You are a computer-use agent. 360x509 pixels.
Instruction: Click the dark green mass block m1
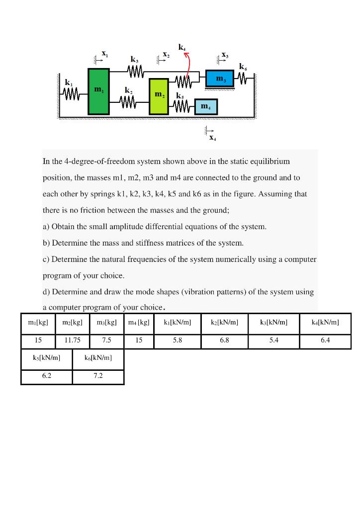tap(98, 91)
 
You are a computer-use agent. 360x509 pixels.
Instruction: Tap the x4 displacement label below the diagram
tap(212, 137)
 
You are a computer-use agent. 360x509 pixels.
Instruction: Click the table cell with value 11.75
tap(73, 341)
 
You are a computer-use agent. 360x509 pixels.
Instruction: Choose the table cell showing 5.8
tap(177, 341)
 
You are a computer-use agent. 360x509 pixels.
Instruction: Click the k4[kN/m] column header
tap(325, 323)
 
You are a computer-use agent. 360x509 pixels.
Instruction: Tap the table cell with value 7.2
tap(98, 376)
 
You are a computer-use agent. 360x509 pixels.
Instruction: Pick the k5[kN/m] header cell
tap(46, 357)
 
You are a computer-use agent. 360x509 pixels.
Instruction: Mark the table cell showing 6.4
tap(325, 341)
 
